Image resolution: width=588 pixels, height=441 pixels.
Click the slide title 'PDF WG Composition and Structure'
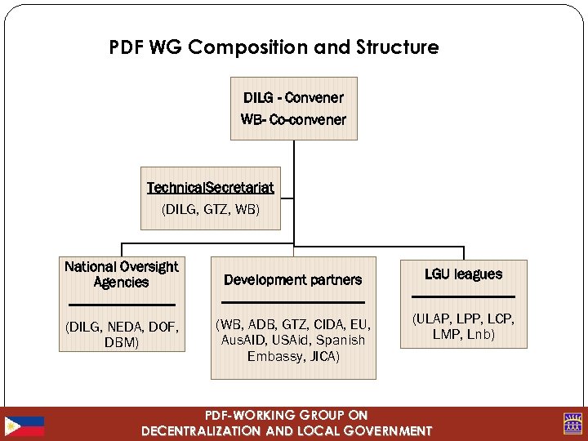point(274,47)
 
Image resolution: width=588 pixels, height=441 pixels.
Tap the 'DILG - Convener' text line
point(293,98)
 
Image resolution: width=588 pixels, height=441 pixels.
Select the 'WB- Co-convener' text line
point(293,119)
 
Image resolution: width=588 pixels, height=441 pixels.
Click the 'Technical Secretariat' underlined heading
point(210,188)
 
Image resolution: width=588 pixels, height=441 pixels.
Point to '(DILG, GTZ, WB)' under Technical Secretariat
point(211,209)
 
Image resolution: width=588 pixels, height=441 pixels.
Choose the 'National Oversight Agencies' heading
point(122,274)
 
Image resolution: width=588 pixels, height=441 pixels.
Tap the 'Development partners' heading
point(292,279)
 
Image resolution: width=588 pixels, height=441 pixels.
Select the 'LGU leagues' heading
point(463,274)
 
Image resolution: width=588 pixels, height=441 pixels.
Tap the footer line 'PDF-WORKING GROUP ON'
point(286,416)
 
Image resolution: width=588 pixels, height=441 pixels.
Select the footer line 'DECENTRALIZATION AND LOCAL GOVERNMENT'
point(286,430)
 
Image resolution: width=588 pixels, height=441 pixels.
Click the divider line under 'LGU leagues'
point(463,296)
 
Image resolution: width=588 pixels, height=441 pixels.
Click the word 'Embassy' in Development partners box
point(270,356)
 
